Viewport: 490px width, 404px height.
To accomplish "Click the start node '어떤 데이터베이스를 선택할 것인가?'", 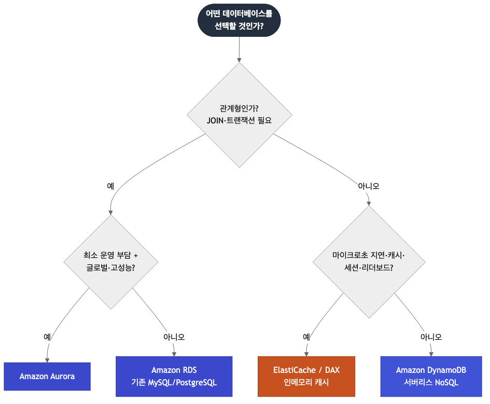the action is point(239,20).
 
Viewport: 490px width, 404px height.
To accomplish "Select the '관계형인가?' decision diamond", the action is point(240,115).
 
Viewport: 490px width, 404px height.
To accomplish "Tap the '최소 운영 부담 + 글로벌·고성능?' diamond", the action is point(110,262).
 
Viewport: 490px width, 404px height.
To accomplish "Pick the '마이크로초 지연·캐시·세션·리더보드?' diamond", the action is point(369,262).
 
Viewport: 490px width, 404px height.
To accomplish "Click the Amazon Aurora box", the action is point(47,376).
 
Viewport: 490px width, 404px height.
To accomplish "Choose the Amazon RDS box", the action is point(174,376).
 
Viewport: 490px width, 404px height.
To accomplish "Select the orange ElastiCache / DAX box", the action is point(306,376).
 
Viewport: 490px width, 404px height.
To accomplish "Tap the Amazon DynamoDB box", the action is point(431,376).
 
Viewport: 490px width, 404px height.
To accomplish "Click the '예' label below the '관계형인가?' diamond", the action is point(110,186).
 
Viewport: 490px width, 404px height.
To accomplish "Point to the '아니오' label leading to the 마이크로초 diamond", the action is point(369,186).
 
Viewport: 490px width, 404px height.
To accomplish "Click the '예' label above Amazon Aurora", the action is point(47,337).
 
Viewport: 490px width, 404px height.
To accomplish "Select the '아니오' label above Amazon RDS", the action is point(174,337).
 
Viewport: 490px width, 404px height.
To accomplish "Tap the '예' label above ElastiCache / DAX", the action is point(306,337).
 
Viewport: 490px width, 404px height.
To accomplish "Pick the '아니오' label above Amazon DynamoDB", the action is point(431,337).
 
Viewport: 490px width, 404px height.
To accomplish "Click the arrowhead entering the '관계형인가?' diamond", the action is point(240,60).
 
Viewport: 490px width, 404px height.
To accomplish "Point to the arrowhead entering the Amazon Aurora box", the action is point(47,360).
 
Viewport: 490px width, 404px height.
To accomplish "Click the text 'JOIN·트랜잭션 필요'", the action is point(240,121).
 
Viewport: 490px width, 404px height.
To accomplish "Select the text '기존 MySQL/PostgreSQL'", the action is point(174,382).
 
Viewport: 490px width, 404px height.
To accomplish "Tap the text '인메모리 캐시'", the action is point(306,382).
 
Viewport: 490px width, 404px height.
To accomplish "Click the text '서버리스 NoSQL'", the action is point(431,382).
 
